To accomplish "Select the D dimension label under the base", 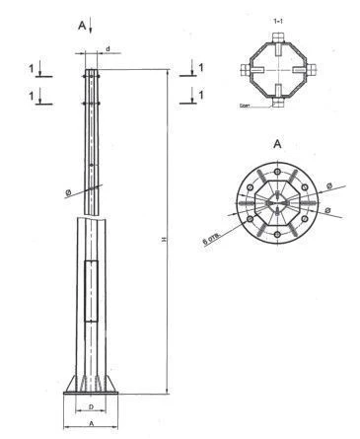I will tap(91, 405).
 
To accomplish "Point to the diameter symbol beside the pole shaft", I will tap(70, 192).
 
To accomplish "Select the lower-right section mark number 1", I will tap(200, 95).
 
